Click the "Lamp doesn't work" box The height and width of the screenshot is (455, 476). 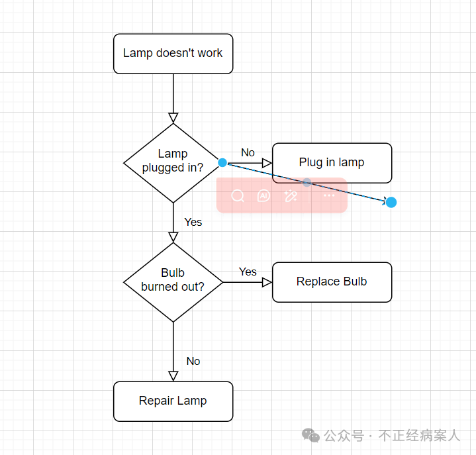[x=173, y=54]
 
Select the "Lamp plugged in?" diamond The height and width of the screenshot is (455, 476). [x=172, y=162]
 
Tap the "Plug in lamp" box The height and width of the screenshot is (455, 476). [x=332, y=163]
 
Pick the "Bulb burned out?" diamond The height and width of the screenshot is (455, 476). [x=173, y=281]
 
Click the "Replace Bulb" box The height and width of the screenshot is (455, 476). [x=332, y=282]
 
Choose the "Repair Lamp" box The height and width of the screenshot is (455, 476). [x=173, y=401]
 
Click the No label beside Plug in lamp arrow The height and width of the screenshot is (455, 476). [x=248, y=153]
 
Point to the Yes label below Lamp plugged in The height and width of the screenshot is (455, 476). [x=193, y=223]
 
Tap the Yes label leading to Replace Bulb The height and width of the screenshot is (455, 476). [x=248, y=272]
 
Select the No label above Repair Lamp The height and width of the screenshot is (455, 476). [x=193, y=362]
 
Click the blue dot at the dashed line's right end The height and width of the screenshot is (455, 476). [x=391, y=202]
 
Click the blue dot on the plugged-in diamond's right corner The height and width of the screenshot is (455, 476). [x=222, y=162]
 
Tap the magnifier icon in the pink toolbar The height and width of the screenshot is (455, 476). [x=238, y=195]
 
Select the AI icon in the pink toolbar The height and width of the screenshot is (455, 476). [x=263, y=195]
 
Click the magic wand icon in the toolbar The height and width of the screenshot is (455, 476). [x=290, y=195]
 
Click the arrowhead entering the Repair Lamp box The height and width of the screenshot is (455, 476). [x=173, y=376]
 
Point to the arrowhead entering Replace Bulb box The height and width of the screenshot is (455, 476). [x=267, y=282]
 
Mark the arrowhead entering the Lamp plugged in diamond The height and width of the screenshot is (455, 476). [x=173, y=118]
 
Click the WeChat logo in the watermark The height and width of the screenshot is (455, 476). [x=310, y=435]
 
